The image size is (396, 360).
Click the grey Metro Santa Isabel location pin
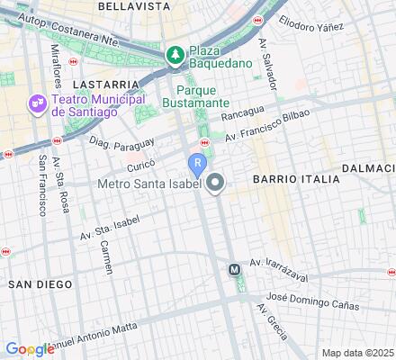click(x=215, y=184)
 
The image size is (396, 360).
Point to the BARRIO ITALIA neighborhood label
click(x=296, y=179)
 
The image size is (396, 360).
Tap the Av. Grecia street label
click(x=272, y=320)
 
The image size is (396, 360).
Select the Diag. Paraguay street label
click(x=122, y=141)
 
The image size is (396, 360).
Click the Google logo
click(x=30, y=349)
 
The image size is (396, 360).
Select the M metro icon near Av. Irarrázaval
click(x=235, y=268)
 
